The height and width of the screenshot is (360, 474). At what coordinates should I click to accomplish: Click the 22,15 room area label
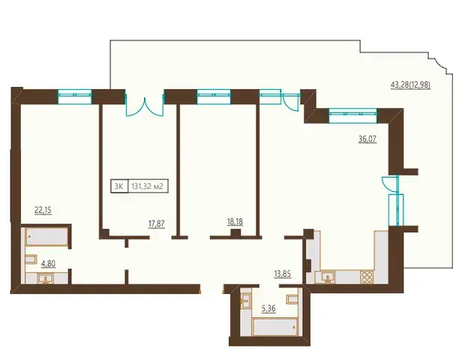coord(43,210)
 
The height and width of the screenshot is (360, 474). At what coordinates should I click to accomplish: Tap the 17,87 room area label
coord(157,224)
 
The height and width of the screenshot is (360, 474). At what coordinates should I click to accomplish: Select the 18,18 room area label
coord(235,222)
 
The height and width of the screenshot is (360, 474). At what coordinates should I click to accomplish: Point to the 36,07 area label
coord(367,139)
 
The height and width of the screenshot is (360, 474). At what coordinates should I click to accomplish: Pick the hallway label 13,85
coord(282,274)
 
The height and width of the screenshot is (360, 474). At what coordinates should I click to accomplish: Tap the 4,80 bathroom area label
coord(48,264)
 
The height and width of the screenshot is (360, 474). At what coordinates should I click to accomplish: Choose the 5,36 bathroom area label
coord(268,309)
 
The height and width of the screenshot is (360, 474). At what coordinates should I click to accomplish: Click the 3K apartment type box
coord(120,186)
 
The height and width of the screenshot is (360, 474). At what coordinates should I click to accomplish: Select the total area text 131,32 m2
coord(147,186)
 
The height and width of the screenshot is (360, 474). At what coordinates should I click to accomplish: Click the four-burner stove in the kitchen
coord(367,277)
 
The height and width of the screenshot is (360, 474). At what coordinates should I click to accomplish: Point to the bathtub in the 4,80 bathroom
coord(46,237)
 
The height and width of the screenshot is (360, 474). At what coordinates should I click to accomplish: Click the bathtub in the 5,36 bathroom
coord(275,327)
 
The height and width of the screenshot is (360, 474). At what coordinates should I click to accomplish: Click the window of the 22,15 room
coord(75,97)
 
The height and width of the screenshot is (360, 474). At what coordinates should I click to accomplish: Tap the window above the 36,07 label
coord(352,115)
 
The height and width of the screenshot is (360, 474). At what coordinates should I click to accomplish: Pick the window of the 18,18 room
coord(214,97)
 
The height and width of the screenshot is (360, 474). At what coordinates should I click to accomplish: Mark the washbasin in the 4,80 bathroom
coord(46,278)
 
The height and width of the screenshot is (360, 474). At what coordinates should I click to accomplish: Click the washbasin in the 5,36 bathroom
coord(244,301)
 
